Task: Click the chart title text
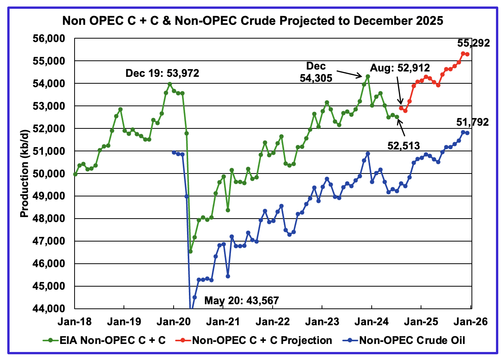(252, 20)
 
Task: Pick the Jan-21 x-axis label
(223, 321)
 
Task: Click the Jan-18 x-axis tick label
(75, 321)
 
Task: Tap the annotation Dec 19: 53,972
(162, 73)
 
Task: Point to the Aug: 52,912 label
(400, 68)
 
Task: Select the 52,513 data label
(402, 145)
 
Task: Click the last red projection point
(467, 54)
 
